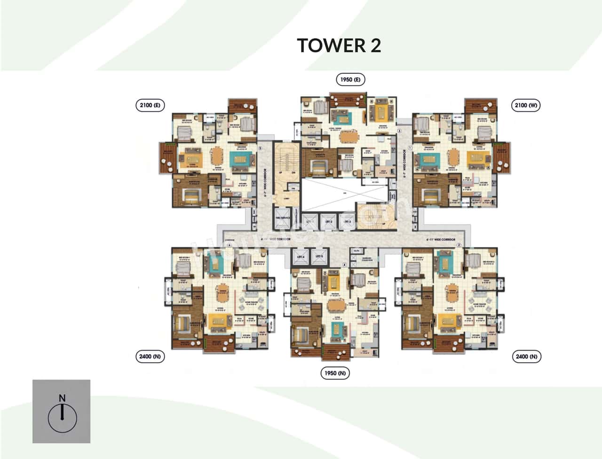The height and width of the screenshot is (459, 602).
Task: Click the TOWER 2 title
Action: click(x=339, y=45)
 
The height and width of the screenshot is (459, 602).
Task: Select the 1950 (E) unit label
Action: click(x=350, y=79)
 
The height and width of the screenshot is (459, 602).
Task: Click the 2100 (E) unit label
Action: click(x=150, y=105)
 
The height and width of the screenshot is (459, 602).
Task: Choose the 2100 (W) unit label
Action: click(x=526, y=105)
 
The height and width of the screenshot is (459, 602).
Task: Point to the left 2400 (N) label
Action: click(x=150, y=356)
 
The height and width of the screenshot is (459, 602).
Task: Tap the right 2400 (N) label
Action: click(x=526, y=356)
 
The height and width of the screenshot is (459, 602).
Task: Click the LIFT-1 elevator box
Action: click(x=309, y=222)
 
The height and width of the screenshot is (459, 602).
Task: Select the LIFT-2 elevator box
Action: click(x=328, y=222)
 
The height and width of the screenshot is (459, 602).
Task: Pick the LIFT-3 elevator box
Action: click(x=347, y=222)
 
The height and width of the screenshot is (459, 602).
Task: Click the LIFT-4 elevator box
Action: click(x=300, y=258)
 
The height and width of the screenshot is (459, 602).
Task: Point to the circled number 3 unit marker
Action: click(x=399, y=131)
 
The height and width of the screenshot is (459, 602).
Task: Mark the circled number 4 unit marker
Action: click(x=344, y=265)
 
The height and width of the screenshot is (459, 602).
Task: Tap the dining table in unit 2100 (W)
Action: click(x=453, y=156)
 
